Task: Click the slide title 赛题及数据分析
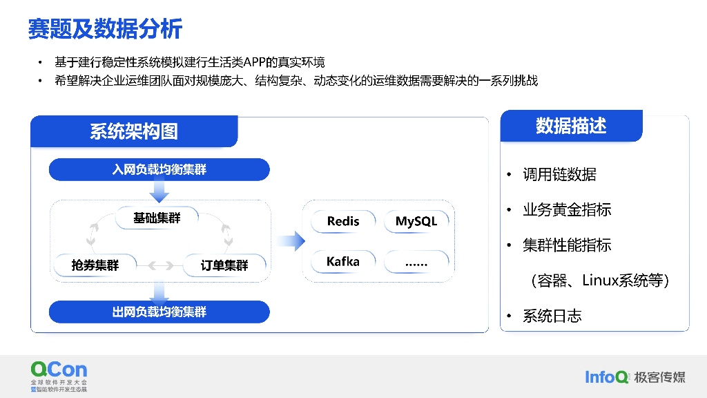click(x=105, y=28)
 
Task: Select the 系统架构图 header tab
click(x=134, y=131)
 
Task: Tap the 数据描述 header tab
click(x=571, y=126)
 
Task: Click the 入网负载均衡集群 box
click(x=159, y=169)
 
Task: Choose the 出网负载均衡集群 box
click(x=159, y=312)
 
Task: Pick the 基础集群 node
click(x=157, y=218)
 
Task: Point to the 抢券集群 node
click(x=95, y=265)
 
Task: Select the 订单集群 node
click(x=224, y=265)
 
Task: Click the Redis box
click(x=343, y=221)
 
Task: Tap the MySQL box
click(x=416, y=221)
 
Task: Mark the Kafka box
click(x=343, y=262)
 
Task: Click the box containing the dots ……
click(x=416, y=262)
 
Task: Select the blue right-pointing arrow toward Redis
click(x=291, y=241)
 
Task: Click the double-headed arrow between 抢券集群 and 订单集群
click(x=160, y=265)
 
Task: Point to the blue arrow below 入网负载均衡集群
click(x=159, y=190)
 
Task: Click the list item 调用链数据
click(x=559, y=175)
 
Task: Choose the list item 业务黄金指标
click(x=567, y=210)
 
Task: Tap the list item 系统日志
click(x=552, y=316)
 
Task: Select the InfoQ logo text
click(x=607, y=377)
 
